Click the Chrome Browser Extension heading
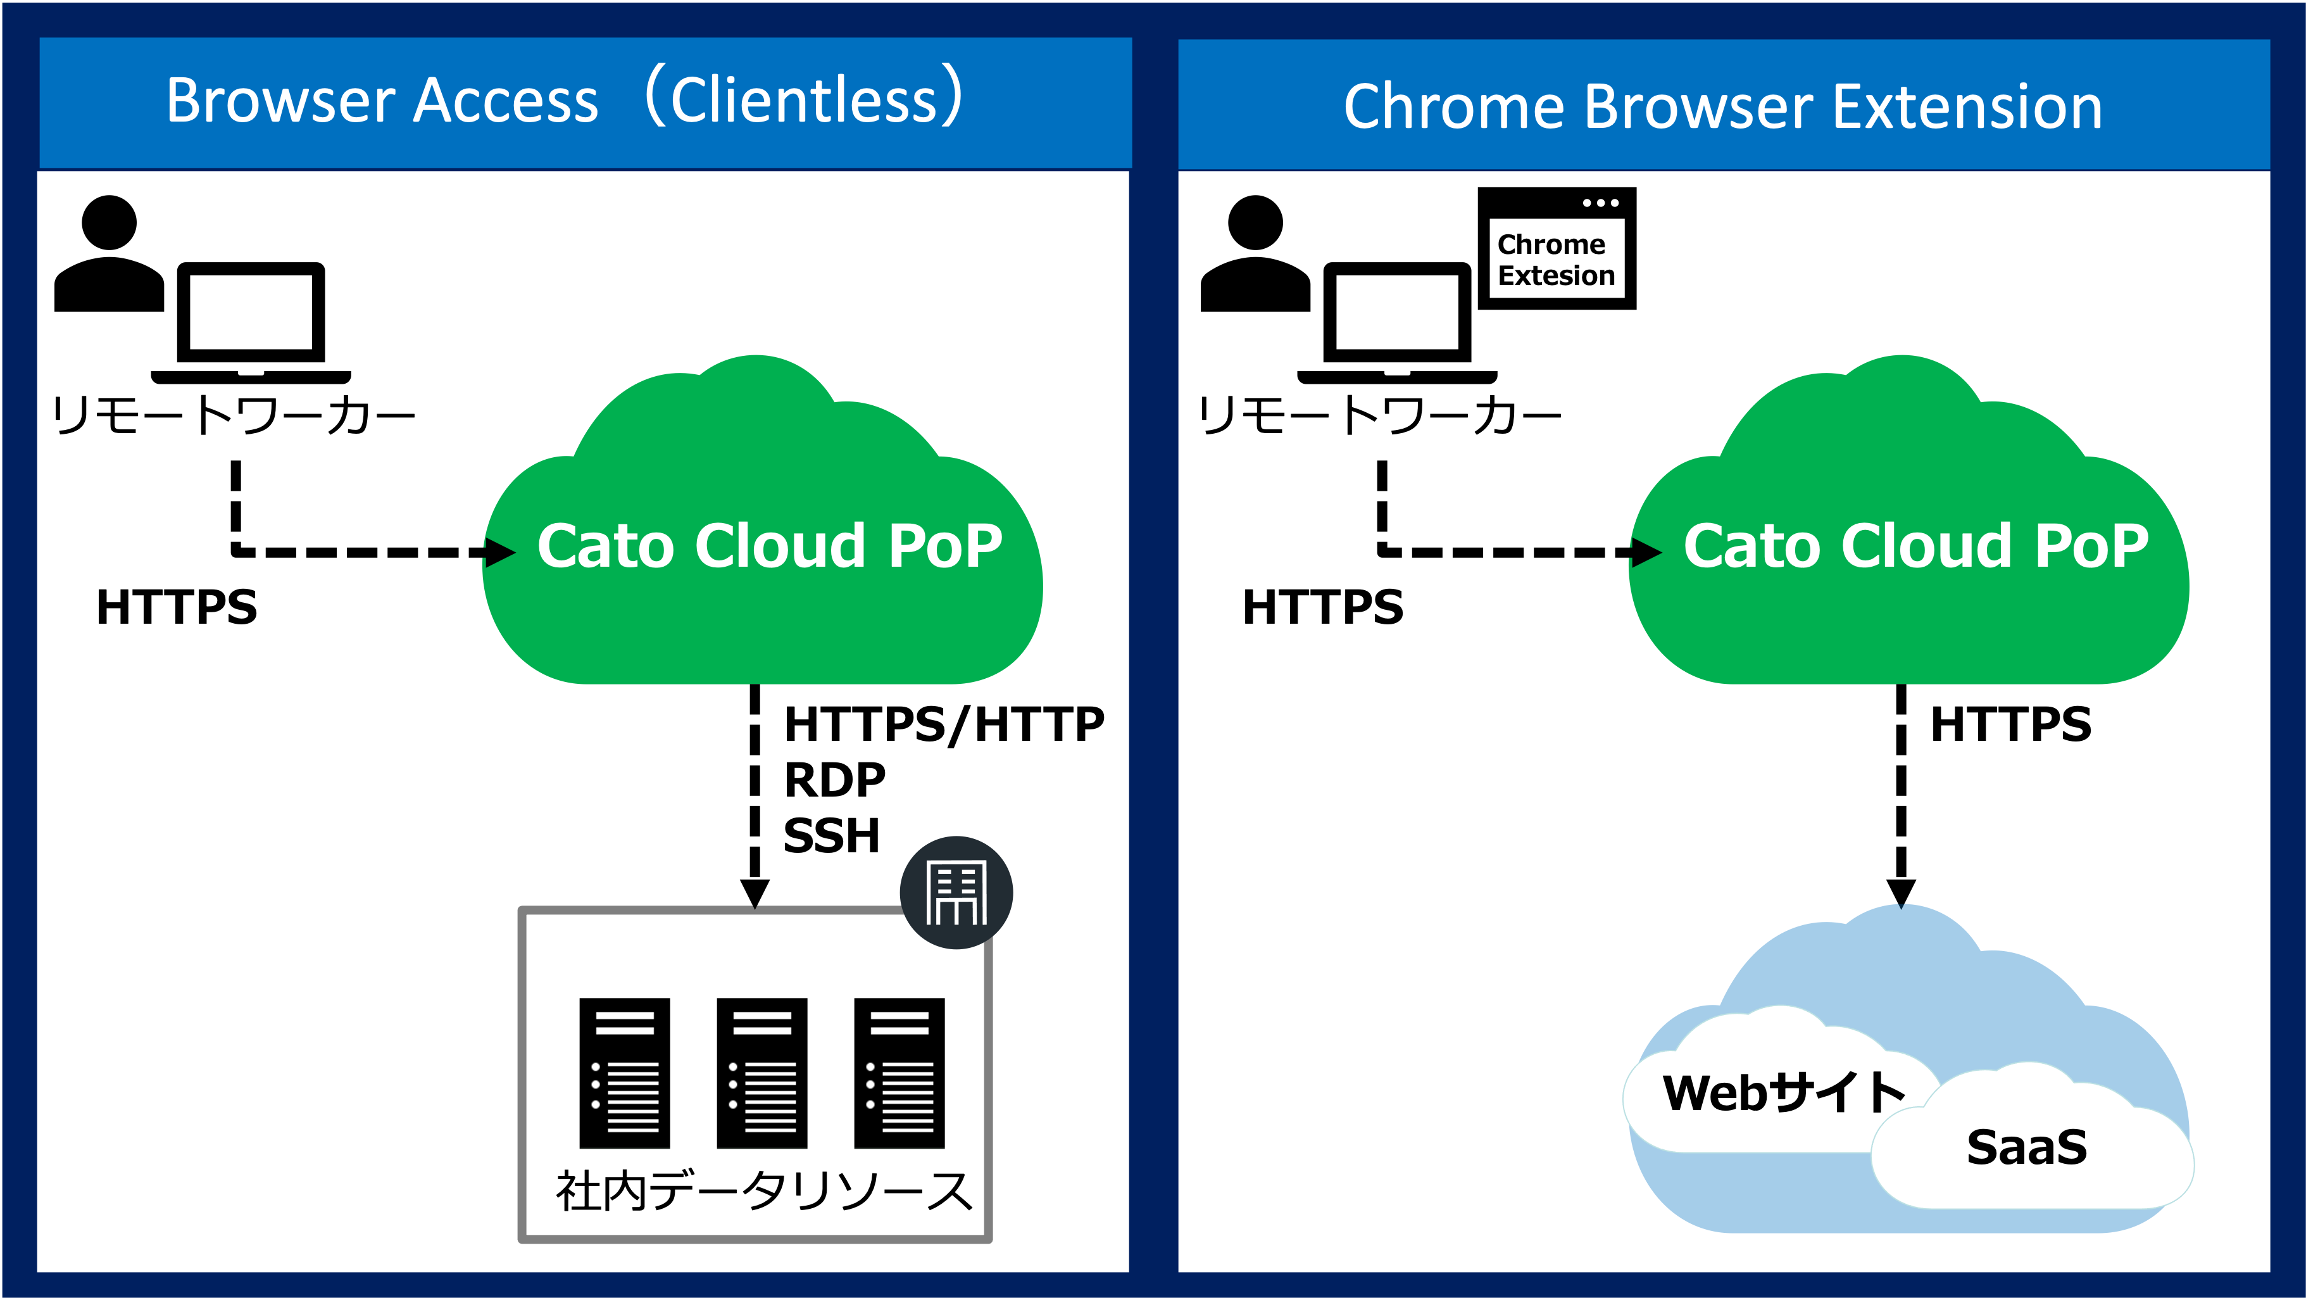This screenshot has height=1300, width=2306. point(1722,106)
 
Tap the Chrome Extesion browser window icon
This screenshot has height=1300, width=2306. point(1556,249)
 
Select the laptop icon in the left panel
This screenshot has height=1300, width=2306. point(251,320)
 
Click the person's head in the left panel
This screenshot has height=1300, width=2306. point(110,222)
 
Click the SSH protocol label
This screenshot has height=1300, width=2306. point(830,835)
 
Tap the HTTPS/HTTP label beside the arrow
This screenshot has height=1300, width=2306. point(944,723)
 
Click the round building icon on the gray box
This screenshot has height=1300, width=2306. point(956,893)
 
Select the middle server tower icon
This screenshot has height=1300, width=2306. point(761,1073)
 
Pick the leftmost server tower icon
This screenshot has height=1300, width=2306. point(624,1073)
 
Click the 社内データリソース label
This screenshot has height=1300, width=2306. point(763,1192)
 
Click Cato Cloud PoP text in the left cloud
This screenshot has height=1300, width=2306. point(769,545)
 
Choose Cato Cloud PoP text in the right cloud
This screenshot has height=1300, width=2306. point(1915,545)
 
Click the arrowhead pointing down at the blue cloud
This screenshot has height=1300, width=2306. point(1900,893)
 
